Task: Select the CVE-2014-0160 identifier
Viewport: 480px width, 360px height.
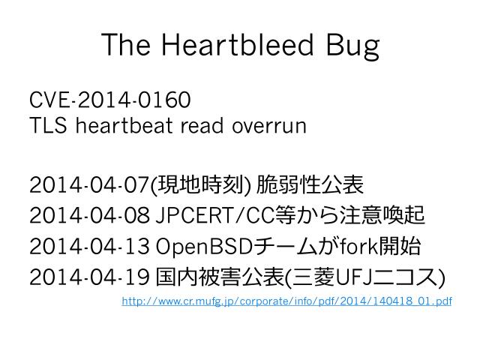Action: (110, 100)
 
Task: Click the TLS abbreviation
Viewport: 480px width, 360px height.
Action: (48, 125)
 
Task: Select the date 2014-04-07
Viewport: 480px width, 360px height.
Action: (90, 184)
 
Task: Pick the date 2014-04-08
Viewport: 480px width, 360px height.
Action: (90, 216)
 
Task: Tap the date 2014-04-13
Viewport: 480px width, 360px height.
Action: (90, 247)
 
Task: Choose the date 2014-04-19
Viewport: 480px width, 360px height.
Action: (90, 277)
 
